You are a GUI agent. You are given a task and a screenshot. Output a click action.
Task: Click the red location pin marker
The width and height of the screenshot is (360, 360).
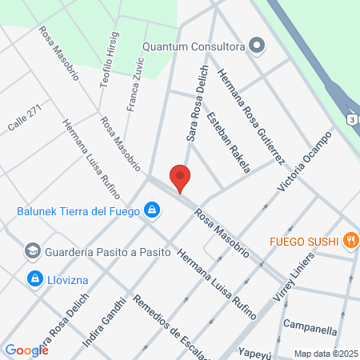pos(180,178)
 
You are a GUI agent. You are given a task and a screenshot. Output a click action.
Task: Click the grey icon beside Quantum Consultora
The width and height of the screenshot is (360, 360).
pos(257,46)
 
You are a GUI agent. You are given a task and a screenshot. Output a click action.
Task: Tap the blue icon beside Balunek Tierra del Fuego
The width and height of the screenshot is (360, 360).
pos(150,211)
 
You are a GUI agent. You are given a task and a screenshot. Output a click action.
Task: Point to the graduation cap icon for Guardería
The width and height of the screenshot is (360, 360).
pos(33,251)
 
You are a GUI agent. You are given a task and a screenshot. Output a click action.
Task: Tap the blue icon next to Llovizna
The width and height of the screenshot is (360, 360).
pos(34,278)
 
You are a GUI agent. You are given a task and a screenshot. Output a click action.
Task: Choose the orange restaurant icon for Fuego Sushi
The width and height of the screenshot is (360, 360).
pos(350,239)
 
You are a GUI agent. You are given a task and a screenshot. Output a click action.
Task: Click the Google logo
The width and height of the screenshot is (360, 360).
pos(26,350)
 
